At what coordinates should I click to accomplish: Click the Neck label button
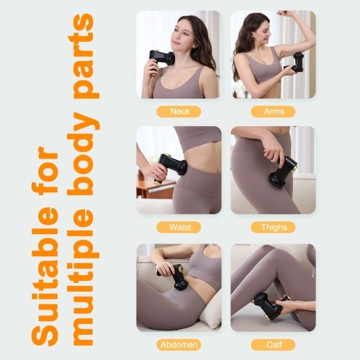pos(179,112)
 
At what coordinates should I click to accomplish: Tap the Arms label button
pos(273,112)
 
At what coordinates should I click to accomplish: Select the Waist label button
pos(179,228)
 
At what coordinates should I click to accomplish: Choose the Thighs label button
pos(273,228)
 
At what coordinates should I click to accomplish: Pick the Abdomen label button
pos(179,345)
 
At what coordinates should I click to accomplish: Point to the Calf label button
pos(273,345)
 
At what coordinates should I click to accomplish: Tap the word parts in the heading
pos(84,55)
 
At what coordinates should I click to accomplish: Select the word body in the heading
pos(84,153)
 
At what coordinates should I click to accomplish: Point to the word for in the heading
pos(45,171)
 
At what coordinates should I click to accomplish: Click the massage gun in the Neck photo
pos(161,61)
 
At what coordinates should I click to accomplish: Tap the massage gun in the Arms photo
pos(295,63)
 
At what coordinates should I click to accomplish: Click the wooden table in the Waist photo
pos(155,189)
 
